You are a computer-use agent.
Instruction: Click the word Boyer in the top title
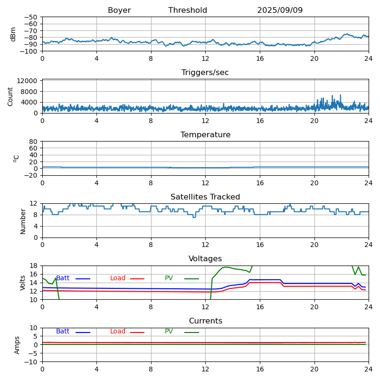click(x=119, y=10)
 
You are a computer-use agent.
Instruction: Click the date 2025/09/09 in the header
click(x=280, y=10)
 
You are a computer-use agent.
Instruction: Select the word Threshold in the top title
click(x=188, y=10)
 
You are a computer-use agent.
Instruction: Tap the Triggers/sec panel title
click(x=205, y=73)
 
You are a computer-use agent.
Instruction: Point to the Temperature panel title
click(x=205, y=135)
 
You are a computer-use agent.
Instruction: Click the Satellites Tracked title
click(x=205, y=197)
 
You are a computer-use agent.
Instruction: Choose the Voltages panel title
click(x=205, y=259)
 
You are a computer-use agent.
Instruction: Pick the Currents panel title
click(x=205, y=321)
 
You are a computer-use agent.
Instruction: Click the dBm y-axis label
click(x=13, y=34)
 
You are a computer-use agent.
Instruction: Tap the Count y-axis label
click(x=10, y=96)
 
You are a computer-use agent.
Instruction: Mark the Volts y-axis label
click(x=23, y=283)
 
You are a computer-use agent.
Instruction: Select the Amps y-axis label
click(x=17, y=345)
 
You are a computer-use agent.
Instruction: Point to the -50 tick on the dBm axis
click(x=31, y=17)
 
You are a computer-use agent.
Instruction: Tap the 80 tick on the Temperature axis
click(x=34, y=142)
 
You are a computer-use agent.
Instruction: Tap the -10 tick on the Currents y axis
click(x=31, y=362)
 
